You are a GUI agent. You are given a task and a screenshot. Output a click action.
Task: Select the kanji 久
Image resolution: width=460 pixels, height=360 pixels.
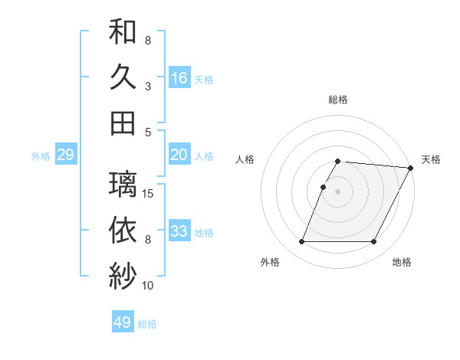click(123, 77)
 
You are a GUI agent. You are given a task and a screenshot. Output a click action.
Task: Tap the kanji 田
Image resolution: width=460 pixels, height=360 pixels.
click(123, 123)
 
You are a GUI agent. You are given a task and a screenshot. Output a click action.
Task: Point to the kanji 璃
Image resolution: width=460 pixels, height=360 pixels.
click(123, 185)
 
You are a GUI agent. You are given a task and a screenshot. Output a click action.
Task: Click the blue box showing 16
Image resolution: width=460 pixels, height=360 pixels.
click(179, 77)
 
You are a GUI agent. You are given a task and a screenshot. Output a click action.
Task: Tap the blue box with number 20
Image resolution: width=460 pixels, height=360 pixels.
click(179, 155)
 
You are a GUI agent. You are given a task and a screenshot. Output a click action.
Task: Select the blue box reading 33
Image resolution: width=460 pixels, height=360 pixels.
click(179, 231)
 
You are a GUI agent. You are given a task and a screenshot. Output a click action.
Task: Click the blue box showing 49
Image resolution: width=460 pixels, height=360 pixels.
click(123, 322)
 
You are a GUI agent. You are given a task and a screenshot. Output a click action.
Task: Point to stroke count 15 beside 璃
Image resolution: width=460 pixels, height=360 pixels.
click(149, 194)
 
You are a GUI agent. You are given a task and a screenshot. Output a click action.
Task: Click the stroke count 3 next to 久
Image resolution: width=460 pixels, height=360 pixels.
click(148, 86)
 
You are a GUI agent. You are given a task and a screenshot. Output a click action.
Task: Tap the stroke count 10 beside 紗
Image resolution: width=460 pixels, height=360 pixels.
click(148, 286)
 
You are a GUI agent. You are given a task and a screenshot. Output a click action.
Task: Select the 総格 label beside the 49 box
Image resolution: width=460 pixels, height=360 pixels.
click(147, 324)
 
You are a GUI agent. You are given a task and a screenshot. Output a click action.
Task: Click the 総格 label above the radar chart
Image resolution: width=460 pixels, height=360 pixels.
click(338, 100)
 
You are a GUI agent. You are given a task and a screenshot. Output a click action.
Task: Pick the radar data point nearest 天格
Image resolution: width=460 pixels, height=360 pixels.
click(411, 168)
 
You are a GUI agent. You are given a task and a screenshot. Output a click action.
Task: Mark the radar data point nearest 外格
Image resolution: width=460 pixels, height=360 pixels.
click(301, 242)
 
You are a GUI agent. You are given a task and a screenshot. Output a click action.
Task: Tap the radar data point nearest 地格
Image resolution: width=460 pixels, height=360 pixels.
click(374, 242)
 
